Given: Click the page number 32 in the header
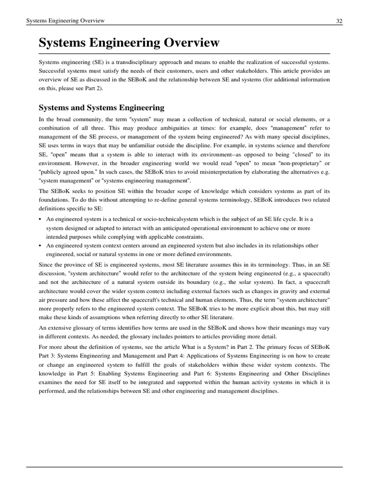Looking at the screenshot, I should pyautogui.click(x=339, y=21).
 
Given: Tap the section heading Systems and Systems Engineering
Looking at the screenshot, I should pyautogui.click(x=101, y=108).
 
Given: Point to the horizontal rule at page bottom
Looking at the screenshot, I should pyautogui.click(x=184, y=467).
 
